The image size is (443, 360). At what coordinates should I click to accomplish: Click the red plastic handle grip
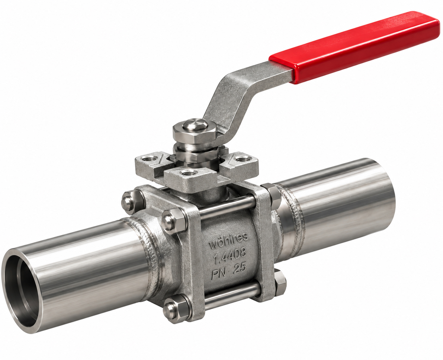[355, 48]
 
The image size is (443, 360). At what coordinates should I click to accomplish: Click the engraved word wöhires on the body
[228, 241]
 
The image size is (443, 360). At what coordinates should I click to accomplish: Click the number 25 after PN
[240, 268]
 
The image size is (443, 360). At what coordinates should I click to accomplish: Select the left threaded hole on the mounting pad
[150, 159]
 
